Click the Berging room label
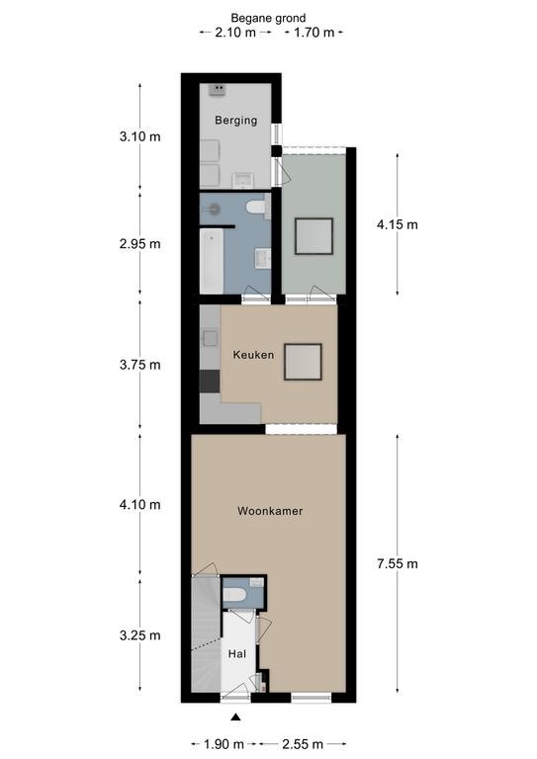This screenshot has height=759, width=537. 235,120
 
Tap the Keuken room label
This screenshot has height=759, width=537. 253,355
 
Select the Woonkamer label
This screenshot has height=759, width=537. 270,511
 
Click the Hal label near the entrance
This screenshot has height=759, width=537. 237,654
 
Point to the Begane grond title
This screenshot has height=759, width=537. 268,18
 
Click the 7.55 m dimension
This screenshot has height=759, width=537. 397,563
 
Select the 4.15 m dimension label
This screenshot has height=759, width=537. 397,224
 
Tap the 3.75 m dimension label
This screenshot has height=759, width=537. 140,365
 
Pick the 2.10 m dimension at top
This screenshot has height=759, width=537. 235,33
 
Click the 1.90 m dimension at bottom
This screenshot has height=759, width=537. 224,743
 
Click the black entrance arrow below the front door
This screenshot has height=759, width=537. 235,717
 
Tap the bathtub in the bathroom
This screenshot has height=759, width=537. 212,261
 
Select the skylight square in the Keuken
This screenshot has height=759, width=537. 304,362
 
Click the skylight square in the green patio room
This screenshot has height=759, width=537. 314,236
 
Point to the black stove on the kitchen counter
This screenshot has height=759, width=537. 210,380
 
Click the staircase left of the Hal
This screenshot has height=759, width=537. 206,634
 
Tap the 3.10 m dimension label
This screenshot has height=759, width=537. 140,136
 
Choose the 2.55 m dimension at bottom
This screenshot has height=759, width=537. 303,743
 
